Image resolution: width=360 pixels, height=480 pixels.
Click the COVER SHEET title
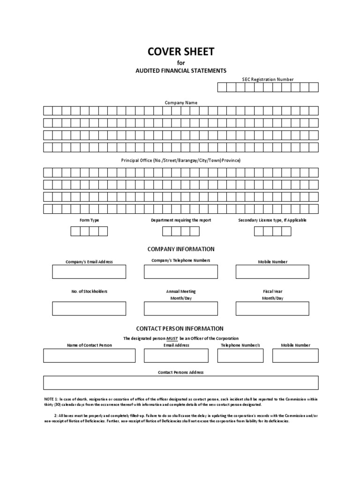180,52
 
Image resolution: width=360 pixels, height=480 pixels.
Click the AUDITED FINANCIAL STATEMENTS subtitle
180,70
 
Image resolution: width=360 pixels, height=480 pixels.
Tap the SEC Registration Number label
268,79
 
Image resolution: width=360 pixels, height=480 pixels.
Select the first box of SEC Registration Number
222,87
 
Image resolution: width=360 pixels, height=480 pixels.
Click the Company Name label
180,102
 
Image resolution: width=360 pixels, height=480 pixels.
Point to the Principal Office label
180,160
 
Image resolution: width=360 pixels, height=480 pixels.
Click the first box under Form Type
75,231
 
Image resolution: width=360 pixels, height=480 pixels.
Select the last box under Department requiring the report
195,231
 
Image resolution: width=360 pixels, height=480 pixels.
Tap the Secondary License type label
272,220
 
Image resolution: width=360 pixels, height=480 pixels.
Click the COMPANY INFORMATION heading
180,249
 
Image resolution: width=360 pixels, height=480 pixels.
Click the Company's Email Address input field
89,272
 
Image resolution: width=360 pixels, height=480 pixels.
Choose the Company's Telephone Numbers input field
180,272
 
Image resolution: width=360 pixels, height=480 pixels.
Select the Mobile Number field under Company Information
272,272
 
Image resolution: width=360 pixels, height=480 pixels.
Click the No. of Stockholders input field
89,308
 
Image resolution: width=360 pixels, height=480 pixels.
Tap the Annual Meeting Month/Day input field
180,308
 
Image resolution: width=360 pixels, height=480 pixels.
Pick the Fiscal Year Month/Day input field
272,308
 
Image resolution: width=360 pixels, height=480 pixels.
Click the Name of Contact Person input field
89,356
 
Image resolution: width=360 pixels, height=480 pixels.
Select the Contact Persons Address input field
180,382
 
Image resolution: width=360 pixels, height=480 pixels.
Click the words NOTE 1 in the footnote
49,398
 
